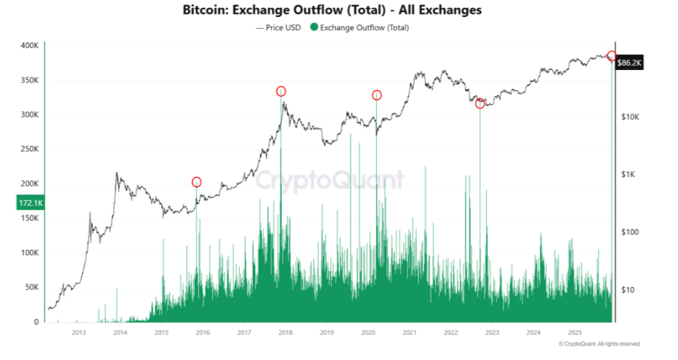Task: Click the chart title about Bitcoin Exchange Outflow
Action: (x=331, y=11)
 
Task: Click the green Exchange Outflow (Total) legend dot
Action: (x=314, y=28)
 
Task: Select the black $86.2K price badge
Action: (x=630, y=64)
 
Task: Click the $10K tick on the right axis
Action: (x=632, y=117)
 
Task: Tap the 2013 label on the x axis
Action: (x=79, y=333)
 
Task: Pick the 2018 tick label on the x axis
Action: (x=286, y=333)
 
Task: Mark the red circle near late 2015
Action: (x=196, y=182)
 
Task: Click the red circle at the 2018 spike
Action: (x=281, y=91)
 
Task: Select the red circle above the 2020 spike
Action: (x=376, y=95)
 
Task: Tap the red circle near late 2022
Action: (x=480, y=104)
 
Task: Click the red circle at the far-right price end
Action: (x=611, y=56)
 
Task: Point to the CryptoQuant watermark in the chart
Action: (x=330, y=180)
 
